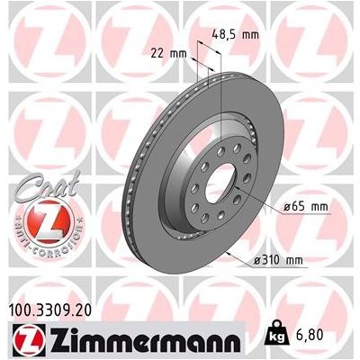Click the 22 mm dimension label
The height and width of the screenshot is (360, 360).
coord(170,54)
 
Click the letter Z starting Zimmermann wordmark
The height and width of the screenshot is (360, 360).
coord(47,342)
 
